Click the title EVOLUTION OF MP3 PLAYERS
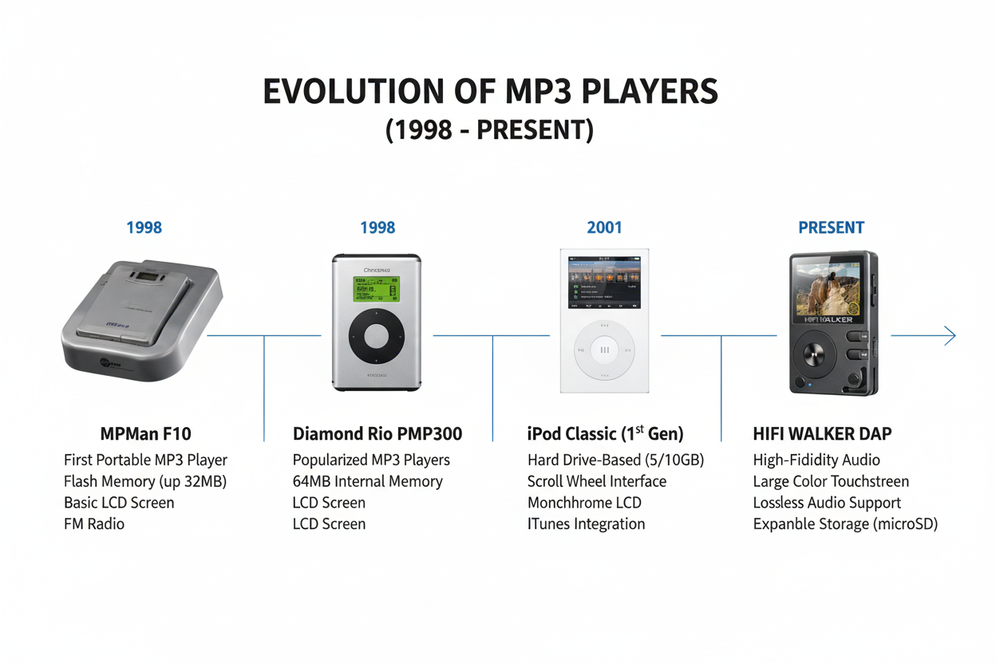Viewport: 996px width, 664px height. [490, 92]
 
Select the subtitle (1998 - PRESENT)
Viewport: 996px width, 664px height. [489, 129]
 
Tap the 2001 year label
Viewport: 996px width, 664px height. [604, 228]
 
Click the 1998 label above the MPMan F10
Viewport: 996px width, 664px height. [144, 228]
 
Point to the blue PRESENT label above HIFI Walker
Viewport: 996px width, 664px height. [831, 228]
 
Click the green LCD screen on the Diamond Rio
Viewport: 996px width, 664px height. [377, 290]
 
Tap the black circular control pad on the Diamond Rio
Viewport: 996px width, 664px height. [377, 338]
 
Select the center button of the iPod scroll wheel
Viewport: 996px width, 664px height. [604, 350]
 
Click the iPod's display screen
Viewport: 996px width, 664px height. [604, 283]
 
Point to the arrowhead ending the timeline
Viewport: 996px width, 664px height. [950, 336]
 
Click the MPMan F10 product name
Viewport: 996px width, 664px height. [145, 434]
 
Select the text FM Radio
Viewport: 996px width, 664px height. [94, 524]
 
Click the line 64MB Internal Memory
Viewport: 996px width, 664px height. [367, 481]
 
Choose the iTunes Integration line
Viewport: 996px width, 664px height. [586, 524]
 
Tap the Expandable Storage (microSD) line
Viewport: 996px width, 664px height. [845, 524]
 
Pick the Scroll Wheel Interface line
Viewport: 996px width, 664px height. [596, 481]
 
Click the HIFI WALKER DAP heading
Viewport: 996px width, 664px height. [822, 434]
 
